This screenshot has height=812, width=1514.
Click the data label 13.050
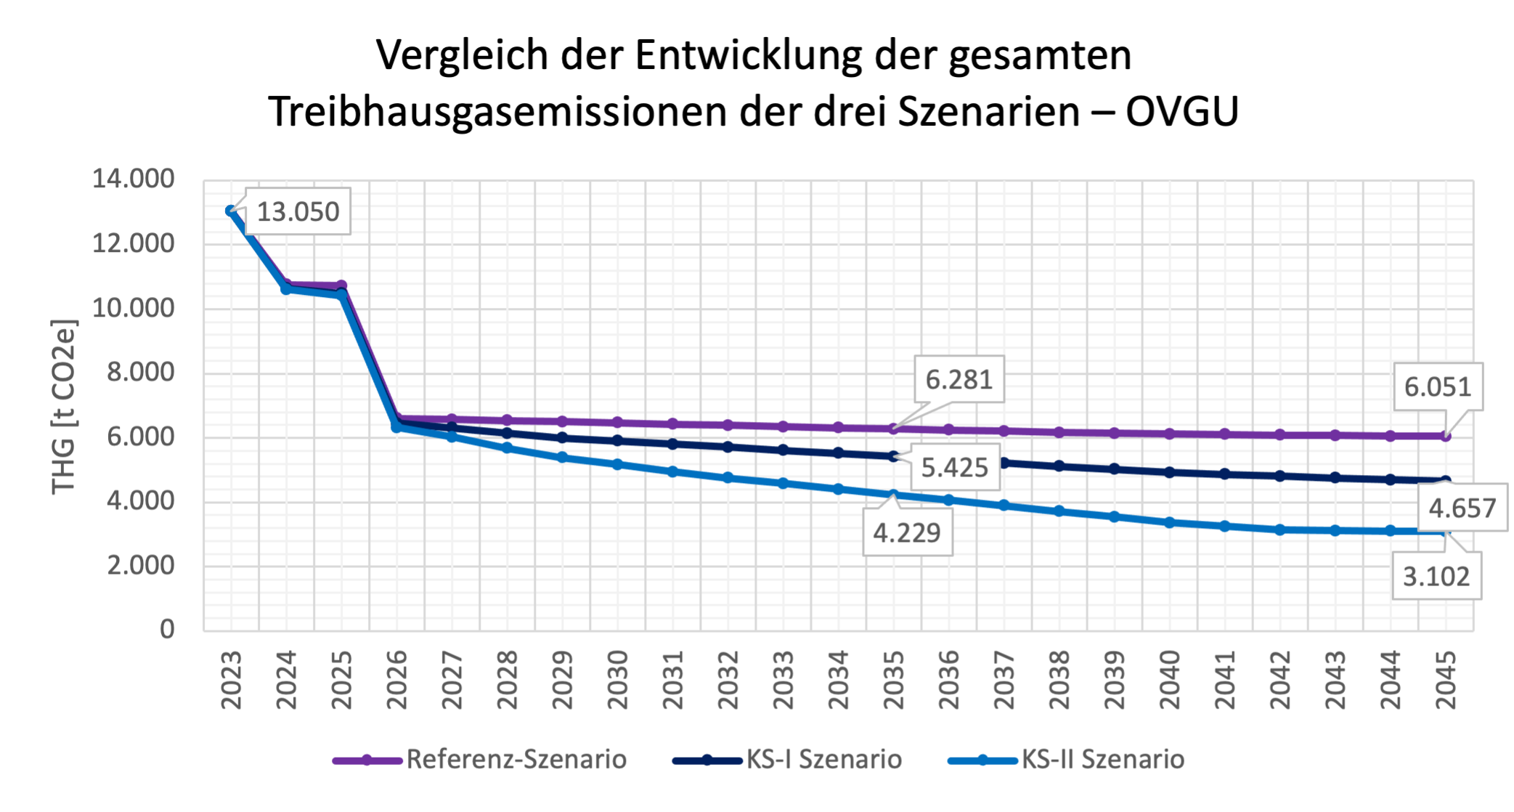pos(298,212)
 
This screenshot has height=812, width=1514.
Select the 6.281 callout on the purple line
pos(959,379)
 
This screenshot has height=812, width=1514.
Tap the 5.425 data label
pos(954,468)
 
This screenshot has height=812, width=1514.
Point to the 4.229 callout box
pos(906,533)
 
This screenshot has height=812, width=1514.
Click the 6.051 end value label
pos(1437,387)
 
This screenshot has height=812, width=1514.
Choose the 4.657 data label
pos(1462,508)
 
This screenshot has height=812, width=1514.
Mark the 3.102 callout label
pos(1436,577)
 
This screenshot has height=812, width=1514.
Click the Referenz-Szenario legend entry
pos(516,760)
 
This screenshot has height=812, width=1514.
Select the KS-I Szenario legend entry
pos(823,760)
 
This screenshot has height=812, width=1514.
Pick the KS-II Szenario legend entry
pos(1102,760)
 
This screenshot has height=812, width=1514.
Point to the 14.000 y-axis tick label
pos(133,179)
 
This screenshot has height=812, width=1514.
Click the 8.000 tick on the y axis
pos(140,373)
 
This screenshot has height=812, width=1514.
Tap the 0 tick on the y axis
pos(167,629)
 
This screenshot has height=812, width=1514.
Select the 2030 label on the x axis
pos(617,680)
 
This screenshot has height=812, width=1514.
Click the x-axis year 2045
pos(1445,680)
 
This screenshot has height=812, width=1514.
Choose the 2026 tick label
pos(396,680)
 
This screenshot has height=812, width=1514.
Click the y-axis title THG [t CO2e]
pos(64,407)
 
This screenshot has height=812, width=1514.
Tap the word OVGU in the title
pos(1181,112)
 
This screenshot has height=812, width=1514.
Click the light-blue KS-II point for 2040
pos(1169,523)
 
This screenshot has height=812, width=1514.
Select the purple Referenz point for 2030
pos(617,422)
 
